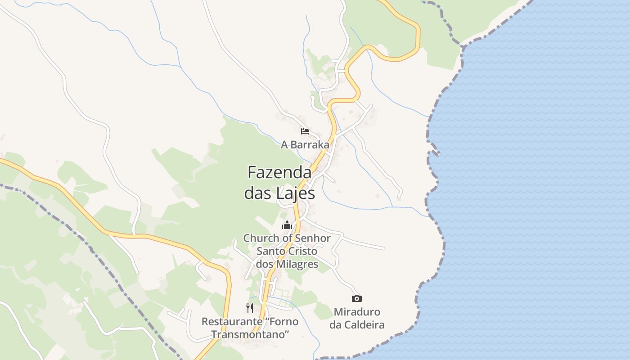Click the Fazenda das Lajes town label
click(x=279, y=183)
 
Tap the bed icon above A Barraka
click(x=305, y=131)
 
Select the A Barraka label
click(x=305, y=145)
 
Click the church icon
click(x=287, y=225)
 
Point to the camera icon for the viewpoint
click(x=356, y=298)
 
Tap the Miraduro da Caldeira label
click(x=357, y=318)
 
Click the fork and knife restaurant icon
click(x=250, y=308)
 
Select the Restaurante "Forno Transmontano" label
click(x=250, y=328)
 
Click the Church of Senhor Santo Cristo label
click(x=287, y=251)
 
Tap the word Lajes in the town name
click(x=296, y=193)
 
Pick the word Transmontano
click(x=250, y=334)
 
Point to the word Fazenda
click(x=279, y=172)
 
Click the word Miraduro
click(x=357, y=312)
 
